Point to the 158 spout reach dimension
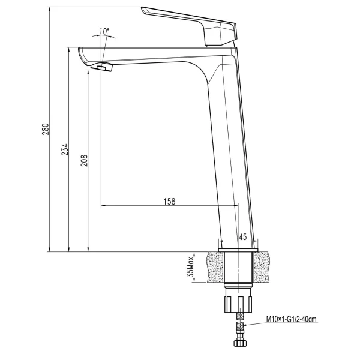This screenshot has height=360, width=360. tap(169, 201)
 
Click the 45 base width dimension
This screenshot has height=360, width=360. tap(243, 237)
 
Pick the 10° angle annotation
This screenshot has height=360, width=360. tap(104, 31)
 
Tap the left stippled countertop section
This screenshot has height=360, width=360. tap(212, 267)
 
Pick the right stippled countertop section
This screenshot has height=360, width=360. tap(269, 267)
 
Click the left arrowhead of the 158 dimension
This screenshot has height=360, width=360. tap(104, 206)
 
